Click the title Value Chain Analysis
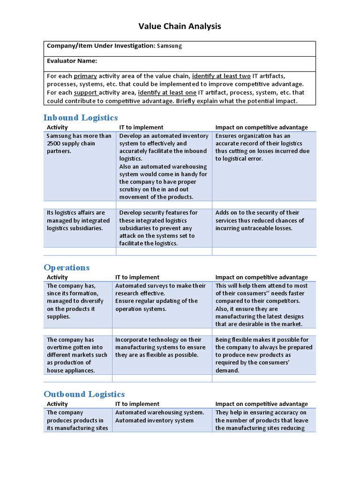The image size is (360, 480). pyautogui.click(x=180, y=26)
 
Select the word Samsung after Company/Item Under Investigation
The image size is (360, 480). pyautogui.click(x=169, y=46)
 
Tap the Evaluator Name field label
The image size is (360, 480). pyautogui.click(x=72, y=61)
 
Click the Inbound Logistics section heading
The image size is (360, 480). pyautogui.click(x=81, y=118)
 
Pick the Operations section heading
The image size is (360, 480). pyautogui.click(x=67, y=268)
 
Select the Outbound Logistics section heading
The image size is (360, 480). pyautogui.click(x=84, y=394)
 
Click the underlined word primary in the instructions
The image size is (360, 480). pyautogui.click(x=85, y=76)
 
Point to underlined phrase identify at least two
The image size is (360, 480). pyautogui.click(x=221, y=76)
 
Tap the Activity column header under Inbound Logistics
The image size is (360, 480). pyautogui.click(x=57, y=127)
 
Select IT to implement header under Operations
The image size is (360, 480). pyautogui.click(x=137, y=277)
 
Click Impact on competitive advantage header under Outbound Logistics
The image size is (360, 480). pyautogui.click(x=262, y=404)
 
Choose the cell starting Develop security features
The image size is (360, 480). pyautogui.click(x=158, y=228)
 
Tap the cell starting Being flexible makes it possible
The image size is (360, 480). pyautogui.click(x=263, y=355)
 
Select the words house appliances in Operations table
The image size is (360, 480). pyautogui.click(x=70, y=370)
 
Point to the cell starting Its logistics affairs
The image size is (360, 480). pyautogui.click(x=78, y=220)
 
